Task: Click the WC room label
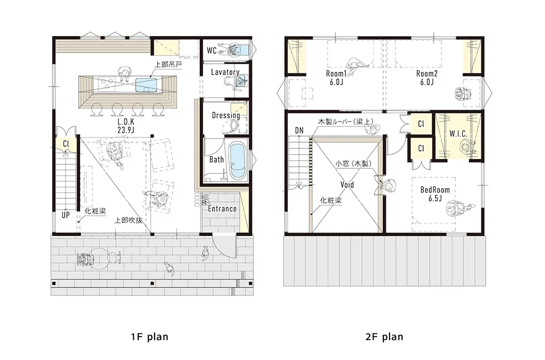click(x=212, y=50)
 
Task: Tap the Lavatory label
click(x=225, y=72)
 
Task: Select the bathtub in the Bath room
click(x=237, y=162)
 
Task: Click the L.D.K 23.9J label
click(x=126, y=126)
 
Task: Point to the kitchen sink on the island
click(x=146, y=85)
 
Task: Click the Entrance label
click(x=222, y=209)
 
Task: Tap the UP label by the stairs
click(x=66, y=215)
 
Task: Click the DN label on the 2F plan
click(x=299, y=131)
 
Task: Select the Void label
click(x=347, y=185)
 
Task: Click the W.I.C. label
click(x=458, y=134)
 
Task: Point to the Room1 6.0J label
click(x=336, y=78)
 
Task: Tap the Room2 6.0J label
click(x=427, y=78)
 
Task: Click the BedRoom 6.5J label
click(x=435, y=194)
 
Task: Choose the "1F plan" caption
click(x=150, y=337)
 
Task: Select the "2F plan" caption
click(x=384, y=337)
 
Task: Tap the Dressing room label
click(x=226, y=115)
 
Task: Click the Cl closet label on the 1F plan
click(x=66, y=143)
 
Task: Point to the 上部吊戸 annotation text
click(x=168, y=65)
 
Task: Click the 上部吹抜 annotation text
click(x=129, y=220)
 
